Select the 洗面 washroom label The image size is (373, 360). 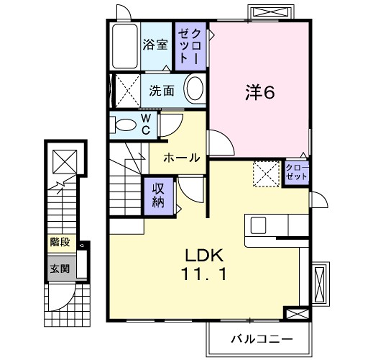click(x=163, y=89)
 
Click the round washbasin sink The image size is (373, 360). click(x=194, y=87)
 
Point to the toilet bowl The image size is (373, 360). click(x=123, y=124)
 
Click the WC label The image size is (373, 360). click(x=145, y=124)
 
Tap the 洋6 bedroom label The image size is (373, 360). click(x=259, y=93)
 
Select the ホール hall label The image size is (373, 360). click(x=181, y=156)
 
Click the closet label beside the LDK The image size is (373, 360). click(x=296, y=171)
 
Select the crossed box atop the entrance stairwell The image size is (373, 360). click(x=62, y=162)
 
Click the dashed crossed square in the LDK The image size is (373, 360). click(x=265, y=174)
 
